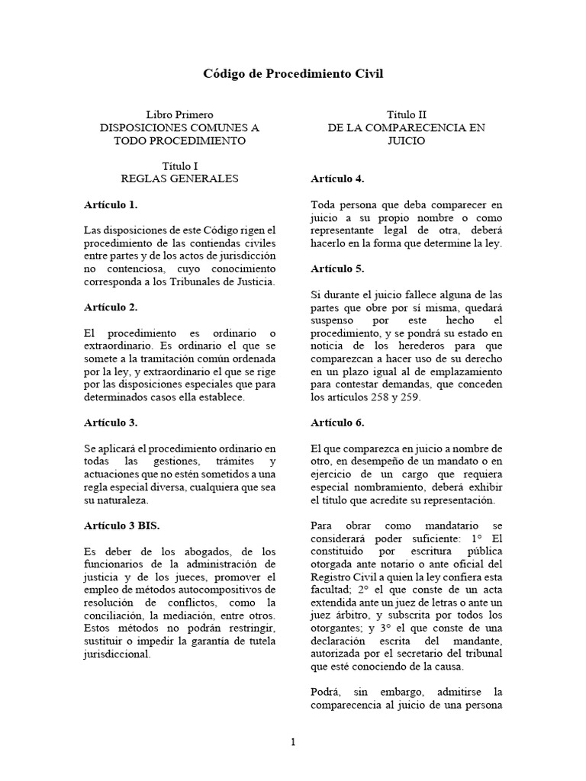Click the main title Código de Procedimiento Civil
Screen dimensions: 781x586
pos(292,74)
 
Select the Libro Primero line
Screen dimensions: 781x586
pos(179,114)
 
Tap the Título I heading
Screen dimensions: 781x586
pos(179,166)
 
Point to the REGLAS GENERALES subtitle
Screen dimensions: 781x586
pos(179,178)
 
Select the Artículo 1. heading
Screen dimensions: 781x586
pos(111,204)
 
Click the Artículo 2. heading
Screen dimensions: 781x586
pos(111,307)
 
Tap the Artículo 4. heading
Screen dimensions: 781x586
pos(337,178)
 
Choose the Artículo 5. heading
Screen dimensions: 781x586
pos(337,268)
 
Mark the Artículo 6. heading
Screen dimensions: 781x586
pos(337,422)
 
